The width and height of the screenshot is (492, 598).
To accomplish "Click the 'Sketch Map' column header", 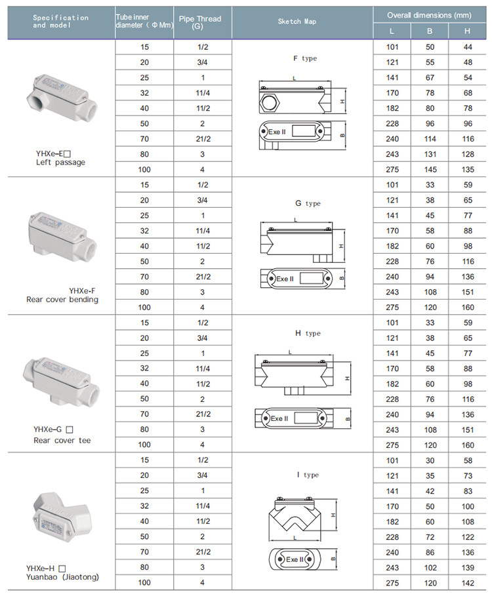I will click(302, 22).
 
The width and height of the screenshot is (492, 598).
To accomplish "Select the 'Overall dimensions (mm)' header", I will click(430, 14).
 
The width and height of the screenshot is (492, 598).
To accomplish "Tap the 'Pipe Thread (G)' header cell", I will click(202, 22).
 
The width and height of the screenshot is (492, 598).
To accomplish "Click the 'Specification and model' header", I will click(60, 21).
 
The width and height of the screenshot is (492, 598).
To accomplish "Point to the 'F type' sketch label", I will click(304, 58).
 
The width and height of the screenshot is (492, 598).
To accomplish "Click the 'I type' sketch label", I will click(304, 475).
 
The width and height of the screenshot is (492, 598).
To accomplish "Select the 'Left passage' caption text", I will click(60, 162).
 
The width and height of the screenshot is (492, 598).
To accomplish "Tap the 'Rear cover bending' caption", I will click(62, 300).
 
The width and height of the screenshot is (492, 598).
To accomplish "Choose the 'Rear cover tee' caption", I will click(62, 441).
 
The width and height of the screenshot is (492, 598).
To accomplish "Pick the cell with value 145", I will click(430, 169).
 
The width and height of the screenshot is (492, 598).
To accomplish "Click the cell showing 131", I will click(430, 154).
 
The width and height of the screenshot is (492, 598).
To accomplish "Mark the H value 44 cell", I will click(467, 47).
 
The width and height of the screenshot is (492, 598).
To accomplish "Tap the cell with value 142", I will click(467, 582).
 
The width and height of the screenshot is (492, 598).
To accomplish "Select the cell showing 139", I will click(467, 567).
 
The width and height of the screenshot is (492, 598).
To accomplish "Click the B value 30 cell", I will click(430, 460).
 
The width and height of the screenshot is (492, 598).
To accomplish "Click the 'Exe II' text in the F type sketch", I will click(277, 132).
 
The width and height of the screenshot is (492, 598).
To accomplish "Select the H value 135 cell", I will click(467, 169).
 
